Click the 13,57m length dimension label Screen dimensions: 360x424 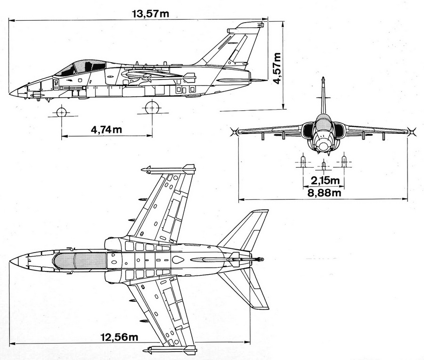tap(150, 13)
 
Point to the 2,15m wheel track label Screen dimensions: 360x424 tap(323, 180)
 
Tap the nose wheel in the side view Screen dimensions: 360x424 tap(61, 112)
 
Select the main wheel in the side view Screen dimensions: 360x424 tap(151, 108)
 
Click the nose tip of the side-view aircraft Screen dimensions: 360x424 tap(10, 92)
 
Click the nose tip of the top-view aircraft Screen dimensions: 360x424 tap(10, 260)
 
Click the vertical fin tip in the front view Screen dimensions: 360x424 tap(323, 79)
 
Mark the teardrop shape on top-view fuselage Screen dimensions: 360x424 tap(178, 260)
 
